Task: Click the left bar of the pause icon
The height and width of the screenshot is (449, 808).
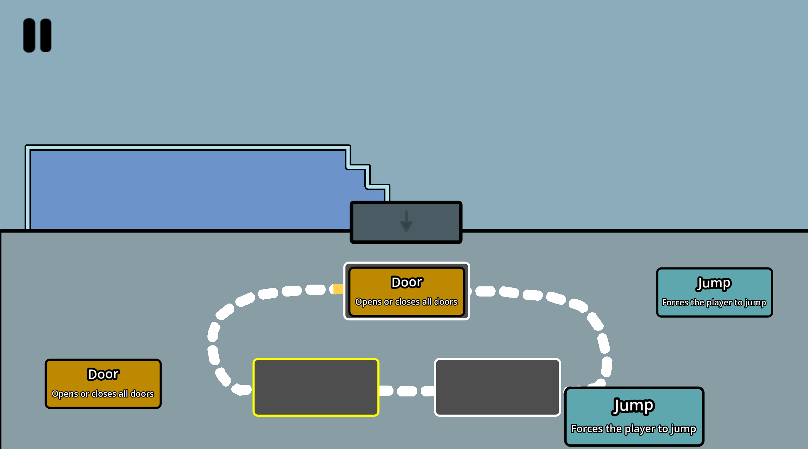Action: coord(29,35)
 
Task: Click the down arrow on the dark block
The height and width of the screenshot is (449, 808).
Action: coord(406,222)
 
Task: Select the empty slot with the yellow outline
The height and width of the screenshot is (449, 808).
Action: coord(316,387)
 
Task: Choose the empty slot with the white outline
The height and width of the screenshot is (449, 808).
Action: coord(497,387)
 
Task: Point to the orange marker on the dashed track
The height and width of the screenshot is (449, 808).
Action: coord(338,289)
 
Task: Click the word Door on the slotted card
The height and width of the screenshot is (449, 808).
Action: coord(407,282)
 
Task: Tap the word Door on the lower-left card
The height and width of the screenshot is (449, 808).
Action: coord(103,374)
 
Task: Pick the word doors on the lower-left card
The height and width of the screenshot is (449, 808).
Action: coord(142,394)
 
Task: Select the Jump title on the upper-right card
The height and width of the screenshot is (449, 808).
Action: coord(714,283)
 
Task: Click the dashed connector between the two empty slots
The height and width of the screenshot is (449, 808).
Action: coord(407,391)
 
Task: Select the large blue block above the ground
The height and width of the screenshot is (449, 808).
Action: coord(186,189)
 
